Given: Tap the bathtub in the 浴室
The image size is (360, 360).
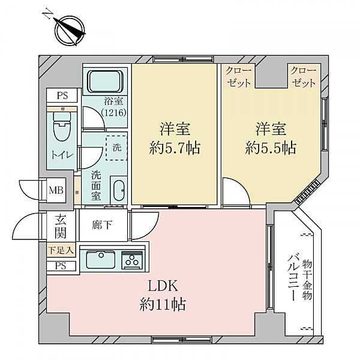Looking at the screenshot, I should (x=106, y=80).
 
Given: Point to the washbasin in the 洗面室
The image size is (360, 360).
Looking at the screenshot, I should (x=118, y=191).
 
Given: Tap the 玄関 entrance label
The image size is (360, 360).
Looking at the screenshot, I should (x=61, y=226).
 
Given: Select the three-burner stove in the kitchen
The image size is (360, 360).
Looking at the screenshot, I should (x=131, y=260).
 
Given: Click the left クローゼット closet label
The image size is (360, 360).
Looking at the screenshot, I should (x=239, y=77).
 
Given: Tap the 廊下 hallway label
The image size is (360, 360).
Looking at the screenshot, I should (x=103, y=227).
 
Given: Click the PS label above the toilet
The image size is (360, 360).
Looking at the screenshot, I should (x=62, y=95).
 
